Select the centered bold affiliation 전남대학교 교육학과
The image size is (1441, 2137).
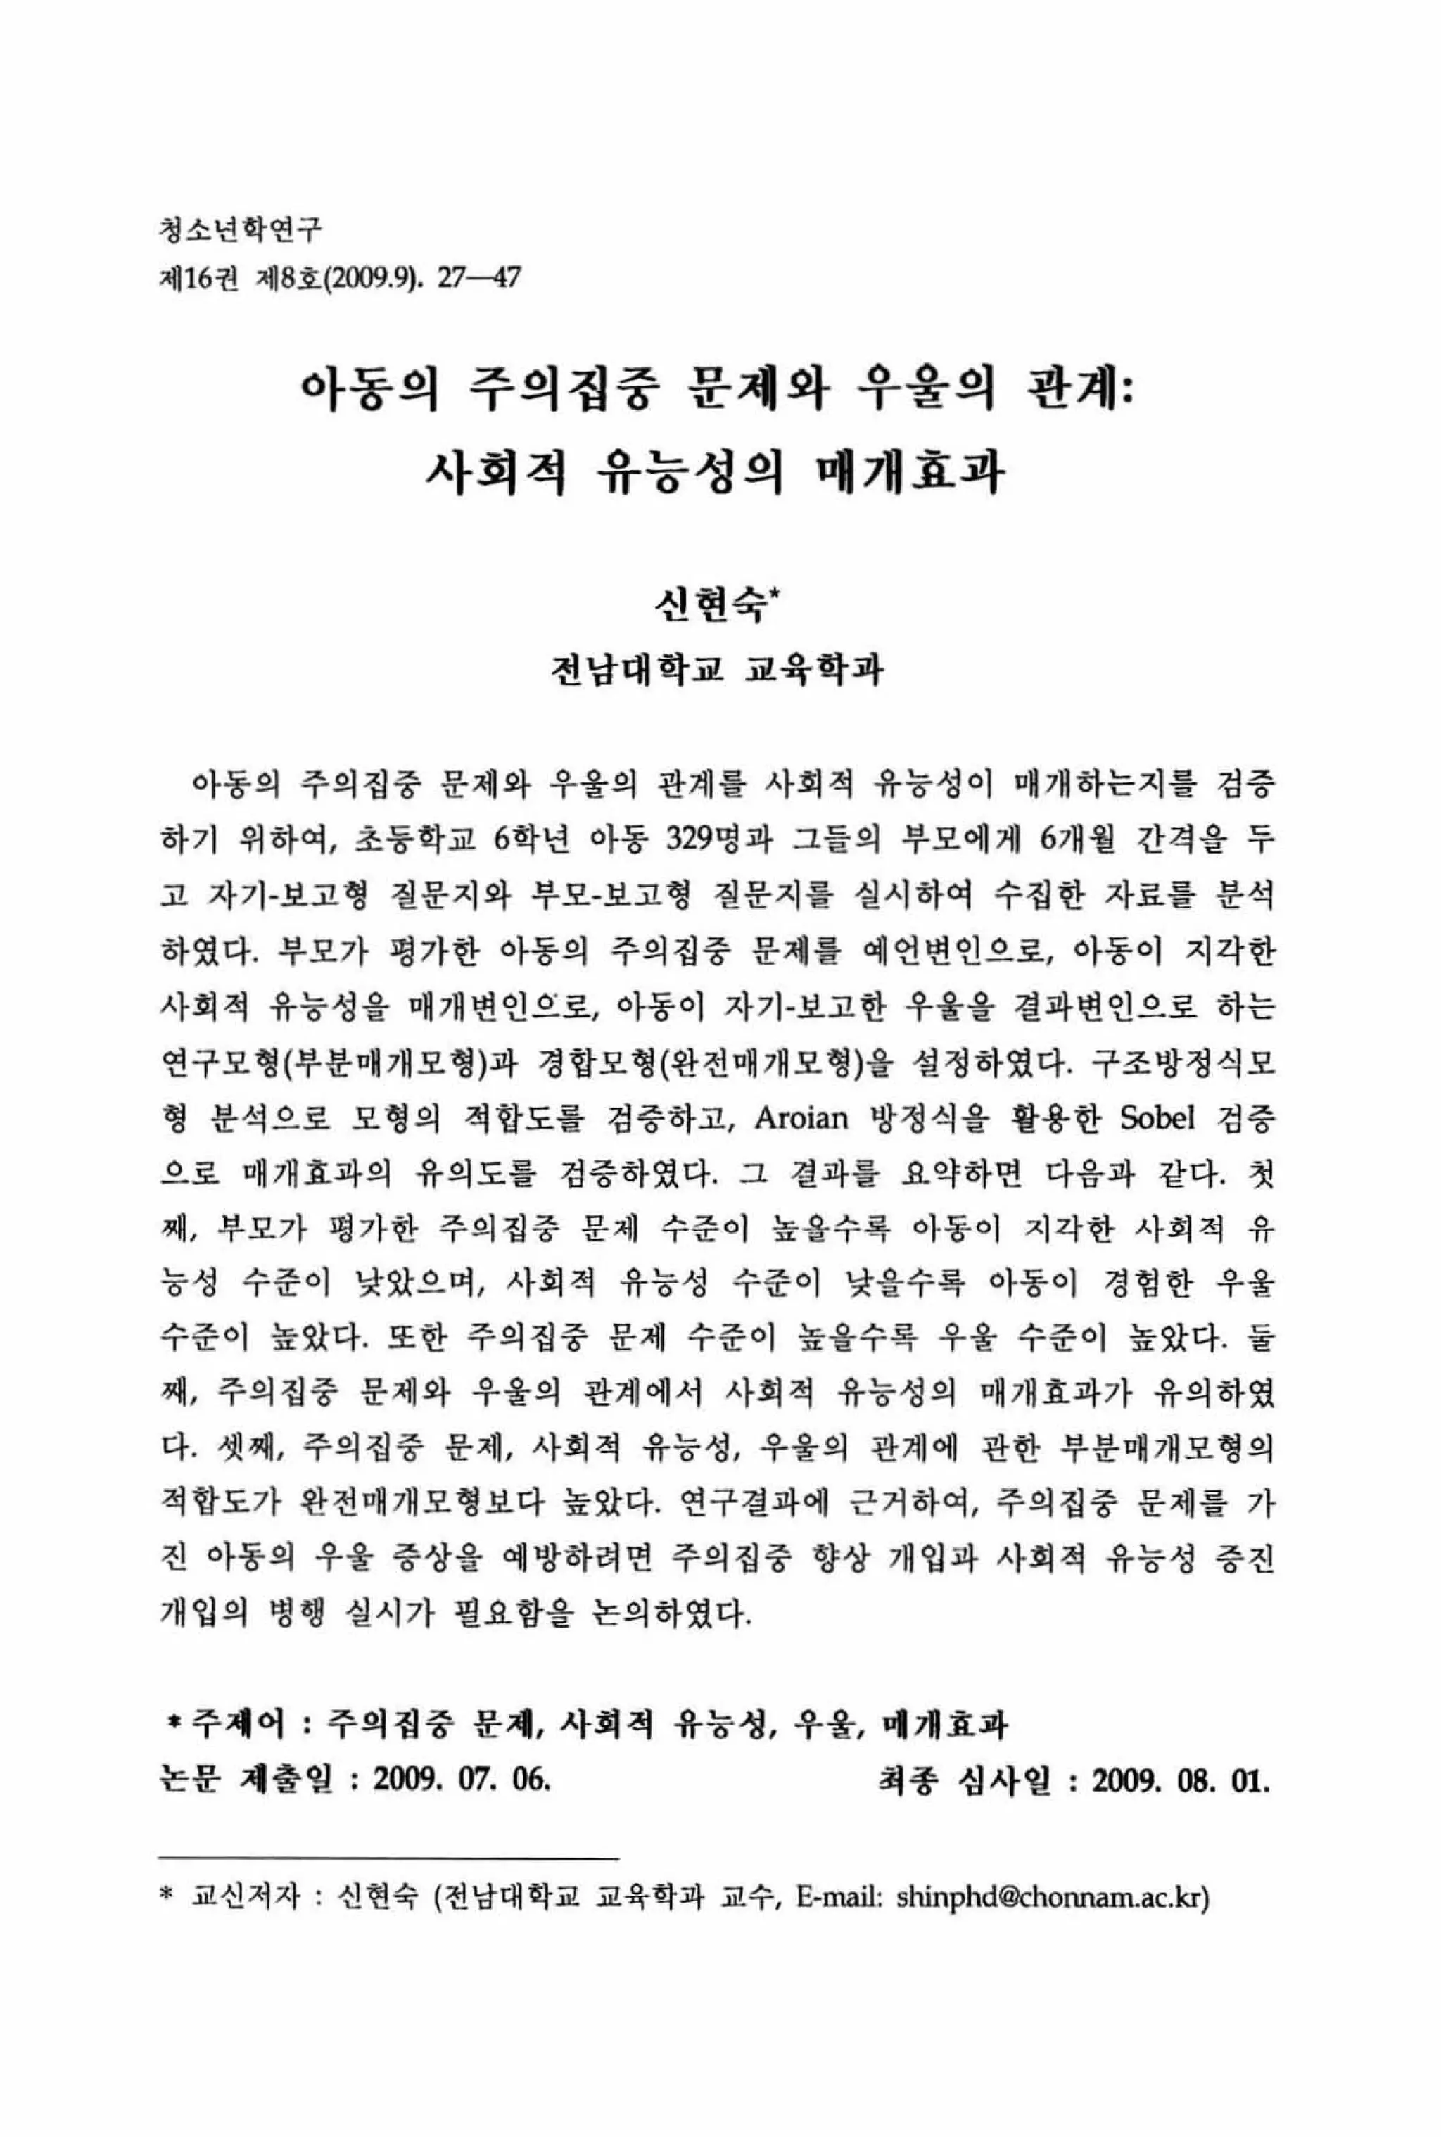click(716, 670)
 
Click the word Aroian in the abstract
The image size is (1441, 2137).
click(801, 1117)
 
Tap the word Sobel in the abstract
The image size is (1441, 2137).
click(1158, 1117)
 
